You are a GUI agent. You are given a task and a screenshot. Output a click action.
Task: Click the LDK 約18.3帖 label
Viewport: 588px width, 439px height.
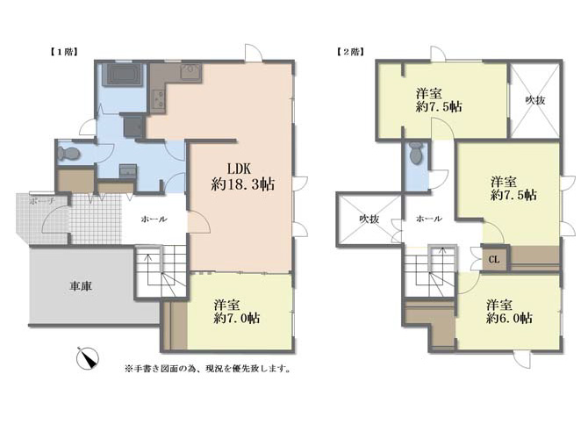point(242,176)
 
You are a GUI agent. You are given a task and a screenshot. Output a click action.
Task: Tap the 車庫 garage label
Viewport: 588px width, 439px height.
point(81,286)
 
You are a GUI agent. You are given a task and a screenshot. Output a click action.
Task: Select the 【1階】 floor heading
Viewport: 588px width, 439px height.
point(63,52)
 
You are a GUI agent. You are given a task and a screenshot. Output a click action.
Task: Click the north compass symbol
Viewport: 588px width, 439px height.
point(88,358)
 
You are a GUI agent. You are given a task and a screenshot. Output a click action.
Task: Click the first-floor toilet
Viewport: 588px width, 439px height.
point(69,154)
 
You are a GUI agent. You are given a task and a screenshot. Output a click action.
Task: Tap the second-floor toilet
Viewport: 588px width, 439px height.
point(416,153)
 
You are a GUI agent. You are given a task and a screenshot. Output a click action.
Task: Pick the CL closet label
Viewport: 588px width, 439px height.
point(494,259)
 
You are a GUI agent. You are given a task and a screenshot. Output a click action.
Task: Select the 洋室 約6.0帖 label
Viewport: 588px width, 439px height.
point(509,312)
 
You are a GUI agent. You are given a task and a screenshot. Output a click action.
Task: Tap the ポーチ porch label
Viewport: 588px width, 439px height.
point(42,201)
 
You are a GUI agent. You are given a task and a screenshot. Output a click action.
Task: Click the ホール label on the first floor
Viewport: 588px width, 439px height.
point(154,219)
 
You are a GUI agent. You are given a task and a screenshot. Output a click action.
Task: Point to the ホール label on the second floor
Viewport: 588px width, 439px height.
point(429,219)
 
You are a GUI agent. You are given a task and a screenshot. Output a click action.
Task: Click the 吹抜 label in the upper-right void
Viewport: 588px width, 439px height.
point(534,100)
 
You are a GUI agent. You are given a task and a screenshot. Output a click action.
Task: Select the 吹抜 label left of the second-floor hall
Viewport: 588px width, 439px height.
point(369,219)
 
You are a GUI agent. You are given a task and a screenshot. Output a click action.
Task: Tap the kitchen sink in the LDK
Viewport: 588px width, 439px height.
point(191,71)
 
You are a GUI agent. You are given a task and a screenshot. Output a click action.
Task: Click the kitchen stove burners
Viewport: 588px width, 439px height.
point(157,98)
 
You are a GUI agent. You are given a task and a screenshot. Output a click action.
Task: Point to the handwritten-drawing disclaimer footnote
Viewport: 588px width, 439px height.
point(209,369)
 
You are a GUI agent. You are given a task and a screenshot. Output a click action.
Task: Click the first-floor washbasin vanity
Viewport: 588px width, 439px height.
point(127,170)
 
